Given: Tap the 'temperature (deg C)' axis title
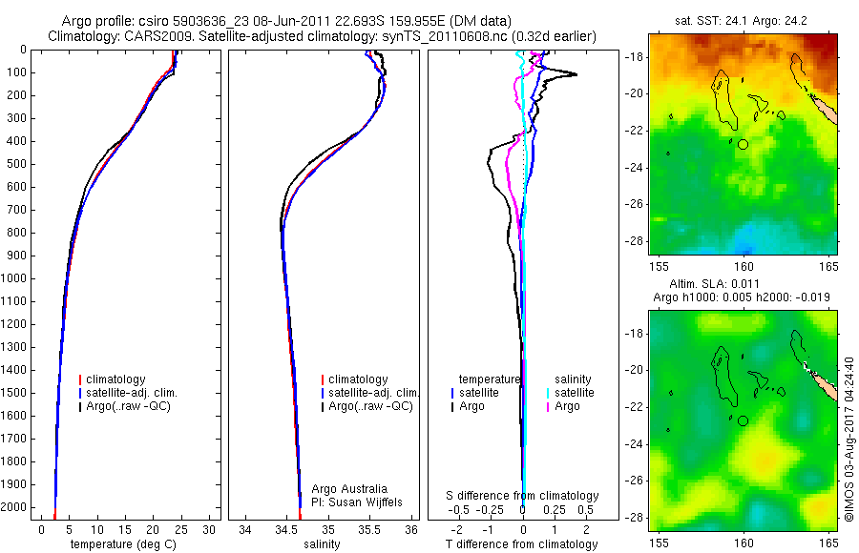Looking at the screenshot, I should pyautogui.click(x=124, y=544).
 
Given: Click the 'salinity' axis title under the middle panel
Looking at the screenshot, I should pyautogui.click(x=321, y=544).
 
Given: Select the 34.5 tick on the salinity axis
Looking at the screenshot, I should pyautogui.click(x=285, y=529).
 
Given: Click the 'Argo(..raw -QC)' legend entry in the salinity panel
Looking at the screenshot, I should pyautogui.click(x=369, y=406).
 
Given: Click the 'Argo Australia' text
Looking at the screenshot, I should pyautogui.click(x=349, y=489).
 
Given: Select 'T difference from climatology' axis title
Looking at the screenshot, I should pyautogui.click(x=522, y=544).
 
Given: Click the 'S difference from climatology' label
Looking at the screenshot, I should pyautogui.click(x=523, y=496).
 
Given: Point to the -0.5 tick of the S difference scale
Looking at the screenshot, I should pyautogui.click(x=461, y=510).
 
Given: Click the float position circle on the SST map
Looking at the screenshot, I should pyautogui.click(x=744, y=144).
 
